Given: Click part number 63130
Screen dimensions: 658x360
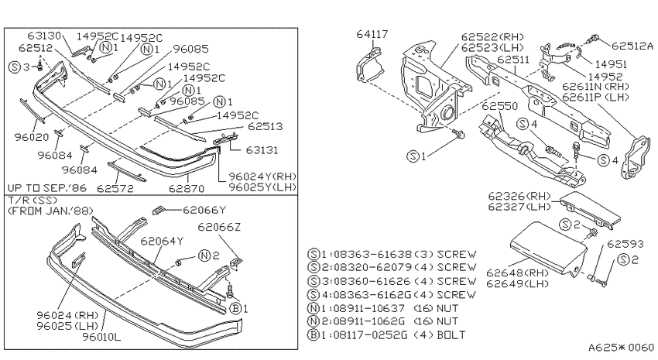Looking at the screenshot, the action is click(44, 36).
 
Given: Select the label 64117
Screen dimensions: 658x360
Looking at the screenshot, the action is click(372, 34).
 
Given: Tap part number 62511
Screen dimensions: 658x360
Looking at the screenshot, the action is click(513, 60).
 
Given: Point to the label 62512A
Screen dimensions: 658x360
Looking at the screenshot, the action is click(632, 46).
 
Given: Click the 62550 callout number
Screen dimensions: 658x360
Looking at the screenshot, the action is click(499, 106).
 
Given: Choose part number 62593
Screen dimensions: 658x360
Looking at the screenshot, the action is click(625, 244).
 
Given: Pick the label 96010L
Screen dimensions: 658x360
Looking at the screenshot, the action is click(101, 337).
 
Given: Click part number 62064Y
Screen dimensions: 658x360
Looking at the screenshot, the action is click(162, 242).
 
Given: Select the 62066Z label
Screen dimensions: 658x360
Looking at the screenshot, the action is click(219, 227).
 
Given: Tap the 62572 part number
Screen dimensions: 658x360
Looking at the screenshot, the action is click(115, 188).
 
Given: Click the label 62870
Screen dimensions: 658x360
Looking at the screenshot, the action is click(187, 189).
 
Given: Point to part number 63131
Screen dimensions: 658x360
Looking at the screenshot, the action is click(262, 149).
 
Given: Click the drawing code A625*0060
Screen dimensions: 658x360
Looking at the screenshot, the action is click(621, 348).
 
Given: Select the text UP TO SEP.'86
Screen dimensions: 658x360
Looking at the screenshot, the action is click(47, 187).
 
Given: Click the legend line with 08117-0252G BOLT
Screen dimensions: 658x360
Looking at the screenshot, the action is click(387, 335).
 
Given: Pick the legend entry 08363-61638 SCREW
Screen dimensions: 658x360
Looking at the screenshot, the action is click(392, 254).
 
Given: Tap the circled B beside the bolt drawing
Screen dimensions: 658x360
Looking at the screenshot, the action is click(236, 309).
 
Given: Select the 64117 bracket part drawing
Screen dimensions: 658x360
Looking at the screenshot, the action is click(370, 65).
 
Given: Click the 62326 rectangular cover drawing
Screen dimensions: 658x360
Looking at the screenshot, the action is click(590, 210).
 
